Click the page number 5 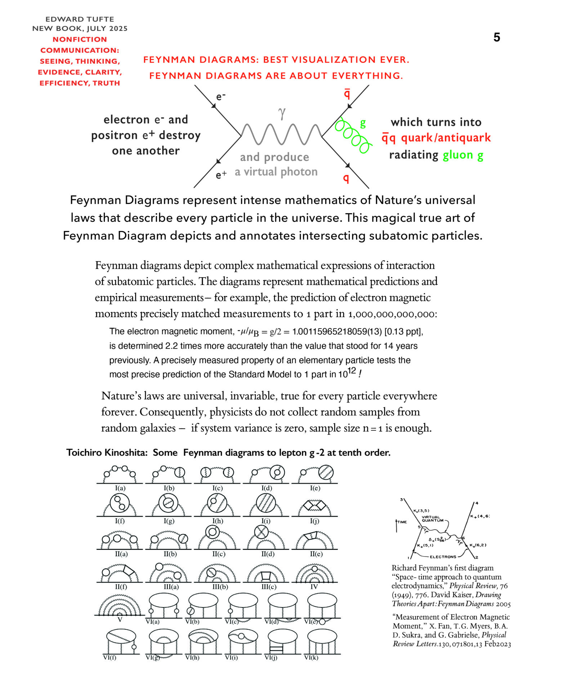(x=497, y=37)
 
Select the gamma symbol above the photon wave (x=282, y=113)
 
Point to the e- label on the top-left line (x=221, y=96)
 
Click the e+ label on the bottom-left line (x=221, y=175)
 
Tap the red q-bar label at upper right (x=347, y=93)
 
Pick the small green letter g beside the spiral (x=363, y=123)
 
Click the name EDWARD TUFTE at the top (x=80, y=19)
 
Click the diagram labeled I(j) (x=314, y=506)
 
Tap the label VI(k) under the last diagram (x=311, y=658)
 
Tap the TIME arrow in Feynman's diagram (x=397, y=525)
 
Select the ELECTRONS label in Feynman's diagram (x=443, y=557)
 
